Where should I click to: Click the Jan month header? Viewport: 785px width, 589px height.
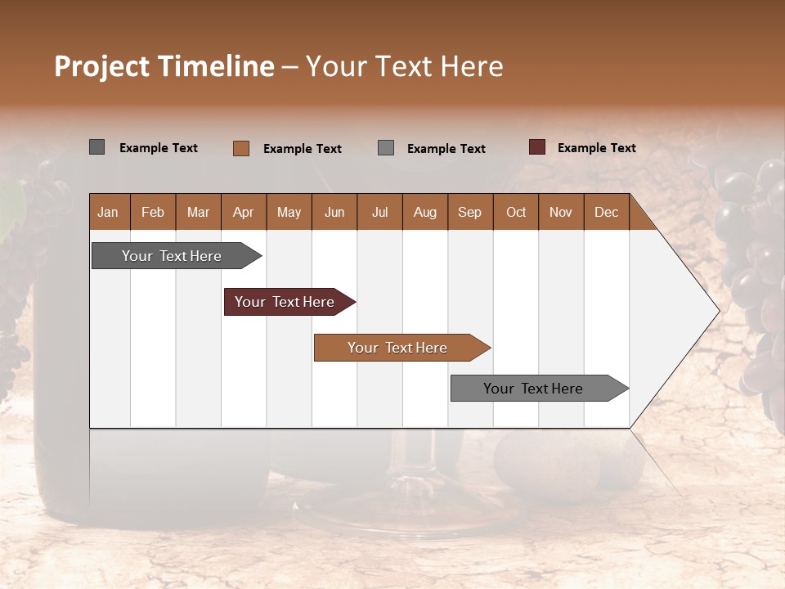tap(108, 212)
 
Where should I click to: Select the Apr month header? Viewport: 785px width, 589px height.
tap(243, 212)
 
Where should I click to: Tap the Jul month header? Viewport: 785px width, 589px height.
tap(379, 212)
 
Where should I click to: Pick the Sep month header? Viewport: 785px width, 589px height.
tap(469, 212)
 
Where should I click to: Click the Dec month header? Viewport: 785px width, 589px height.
tap(606, 212)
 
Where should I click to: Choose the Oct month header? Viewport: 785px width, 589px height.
tap(516, 212)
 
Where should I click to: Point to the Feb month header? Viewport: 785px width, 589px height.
tap(153, 212)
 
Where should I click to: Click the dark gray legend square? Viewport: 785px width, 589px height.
tap(96, 147)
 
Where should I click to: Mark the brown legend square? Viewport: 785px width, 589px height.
tap(240, 148)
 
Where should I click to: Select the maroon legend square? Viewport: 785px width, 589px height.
tap(536, 147)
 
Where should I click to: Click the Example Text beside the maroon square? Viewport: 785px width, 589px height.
tap(596, 148)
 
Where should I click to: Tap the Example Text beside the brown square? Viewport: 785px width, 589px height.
tap(302, 149)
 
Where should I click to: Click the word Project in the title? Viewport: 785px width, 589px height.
tap(102, 66)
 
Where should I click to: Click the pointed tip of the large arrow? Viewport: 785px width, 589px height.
tap(717, 311)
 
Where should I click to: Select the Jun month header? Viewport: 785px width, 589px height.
tap(334, 212)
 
